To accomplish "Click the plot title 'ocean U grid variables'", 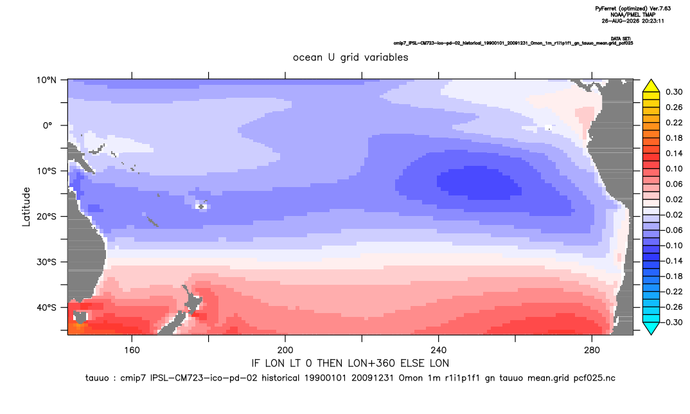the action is pos(351,57).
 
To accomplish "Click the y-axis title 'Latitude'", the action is pos(26,206).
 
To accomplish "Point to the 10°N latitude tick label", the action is pos(46,80).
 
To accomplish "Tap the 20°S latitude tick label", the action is pos(46,217).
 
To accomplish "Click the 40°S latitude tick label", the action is pos(46,307).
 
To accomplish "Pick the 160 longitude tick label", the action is pos(132,350).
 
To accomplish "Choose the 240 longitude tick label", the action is pos(439,350).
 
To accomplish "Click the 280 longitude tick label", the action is pos(592,350).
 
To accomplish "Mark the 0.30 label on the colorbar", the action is pos(674,92).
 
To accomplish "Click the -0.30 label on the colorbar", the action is pos(671,322).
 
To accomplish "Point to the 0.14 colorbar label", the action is pos(674,153).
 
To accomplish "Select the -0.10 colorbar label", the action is pos(671,246).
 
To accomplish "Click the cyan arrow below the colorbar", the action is pos(651,328).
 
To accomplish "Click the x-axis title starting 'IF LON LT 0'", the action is pos(350,363).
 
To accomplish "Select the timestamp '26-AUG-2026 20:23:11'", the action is pos(633,21).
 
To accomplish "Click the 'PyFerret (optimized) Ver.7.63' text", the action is pos(633,8).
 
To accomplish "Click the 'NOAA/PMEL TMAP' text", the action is pos(633,15).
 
